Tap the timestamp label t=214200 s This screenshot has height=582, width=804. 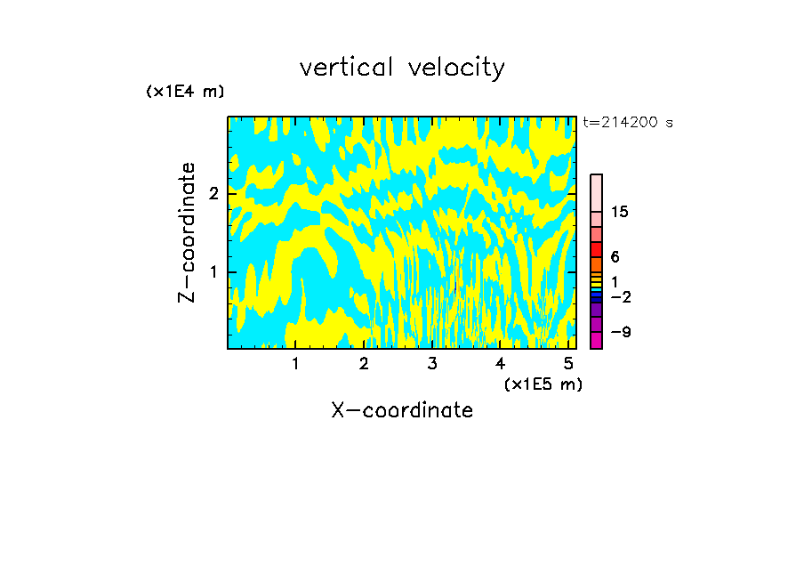(x=628, y=123)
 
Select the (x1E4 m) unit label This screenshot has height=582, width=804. (x=185, y=92)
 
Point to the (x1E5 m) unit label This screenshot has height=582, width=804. (x=543, y=384)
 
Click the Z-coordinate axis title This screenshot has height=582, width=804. (x=187, y=232)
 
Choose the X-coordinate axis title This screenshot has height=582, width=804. (x=402, y=410)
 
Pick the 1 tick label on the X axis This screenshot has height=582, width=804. (x=295, y=364)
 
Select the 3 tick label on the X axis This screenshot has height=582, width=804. (x=432, y=364)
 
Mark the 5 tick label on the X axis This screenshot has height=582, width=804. (x=568, y=364)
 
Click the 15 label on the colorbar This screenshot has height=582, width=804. (x=620, y=212)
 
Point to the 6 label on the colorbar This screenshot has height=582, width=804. (x=615, y=257)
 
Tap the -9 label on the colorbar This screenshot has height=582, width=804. (x=620, y=332)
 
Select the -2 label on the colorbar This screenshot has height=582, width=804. (x=620, y=296)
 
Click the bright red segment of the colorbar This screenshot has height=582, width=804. (x=596, y=249)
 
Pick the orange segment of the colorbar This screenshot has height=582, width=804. (x=596, y=264)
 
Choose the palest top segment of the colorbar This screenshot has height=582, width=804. (x=596, y=192)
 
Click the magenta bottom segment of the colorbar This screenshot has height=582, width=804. (x=596, y=340)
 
